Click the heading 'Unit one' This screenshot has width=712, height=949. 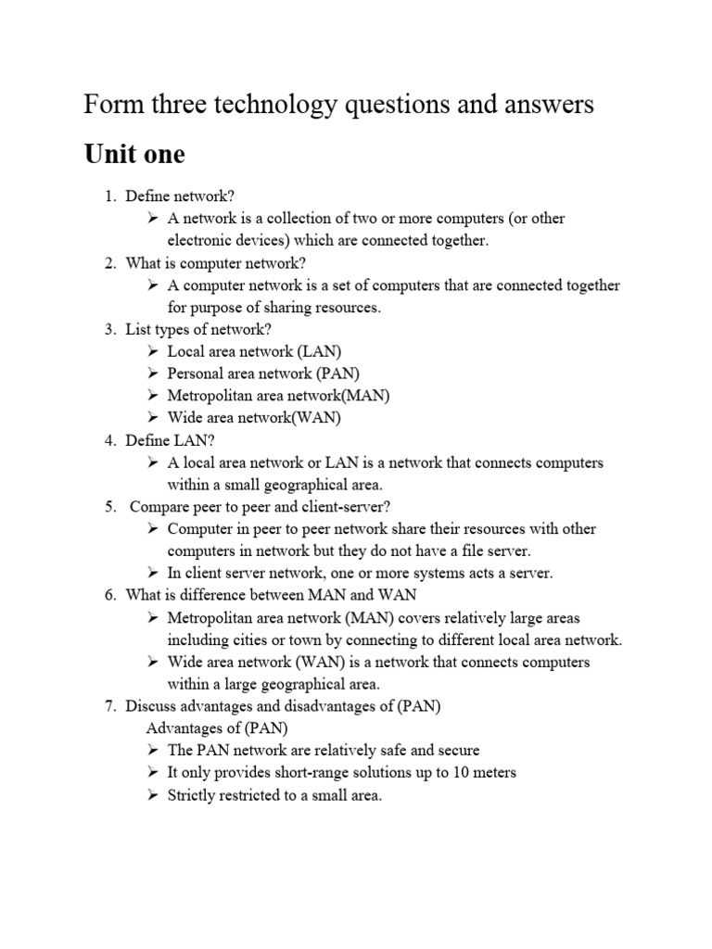coord(133,154)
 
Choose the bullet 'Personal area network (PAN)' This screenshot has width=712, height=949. coord(263,373)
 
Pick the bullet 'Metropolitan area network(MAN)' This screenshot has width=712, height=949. coord(278,396)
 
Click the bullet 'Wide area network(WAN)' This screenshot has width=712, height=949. coord(254,418)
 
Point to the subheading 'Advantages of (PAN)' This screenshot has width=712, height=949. coord(210,728)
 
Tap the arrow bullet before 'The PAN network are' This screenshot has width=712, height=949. coord(153,751)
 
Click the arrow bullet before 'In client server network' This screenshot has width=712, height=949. coord(153,574)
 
